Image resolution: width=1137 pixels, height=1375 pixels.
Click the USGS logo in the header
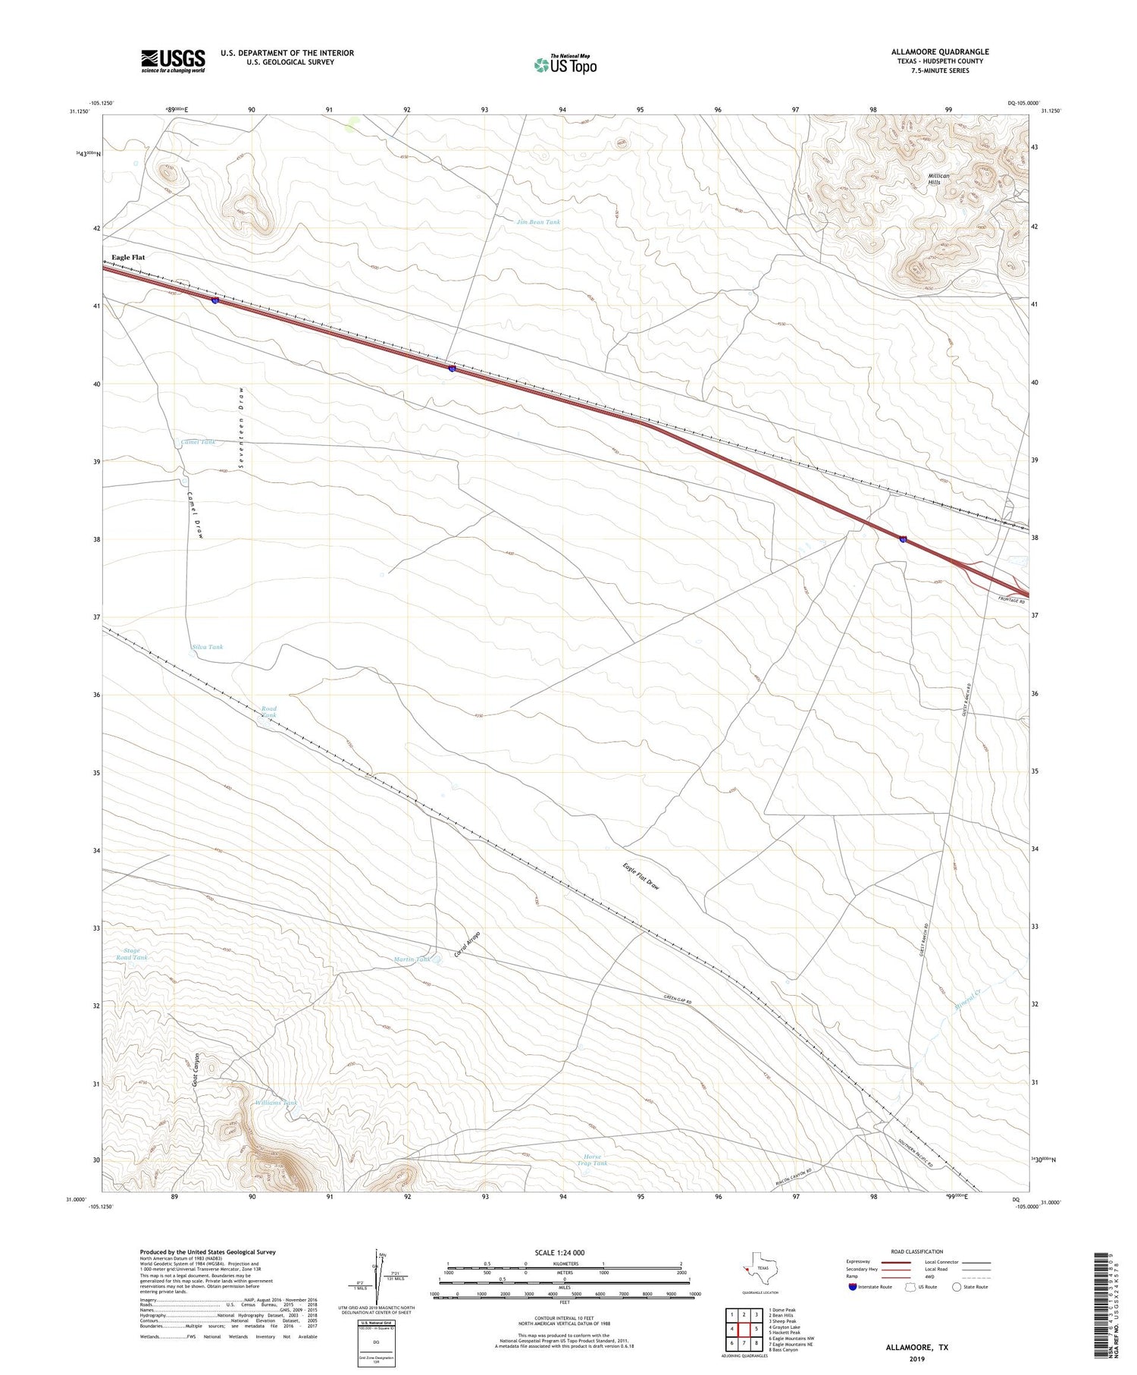pos(173,61)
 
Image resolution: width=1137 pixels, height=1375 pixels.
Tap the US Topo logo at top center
pos(565,65)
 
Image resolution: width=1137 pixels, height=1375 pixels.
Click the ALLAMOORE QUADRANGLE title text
pos(940,52)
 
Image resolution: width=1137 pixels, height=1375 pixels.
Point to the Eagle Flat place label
pos(128,257)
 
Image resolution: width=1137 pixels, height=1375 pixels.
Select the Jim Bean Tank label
pos(538,222)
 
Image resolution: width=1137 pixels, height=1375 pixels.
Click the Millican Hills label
pos(938,179)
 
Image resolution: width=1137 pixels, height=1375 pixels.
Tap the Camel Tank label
pos(198,442)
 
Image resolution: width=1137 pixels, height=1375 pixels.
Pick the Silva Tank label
pos(207,647)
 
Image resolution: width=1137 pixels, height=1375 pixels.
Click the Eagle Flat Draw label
pos(641,879)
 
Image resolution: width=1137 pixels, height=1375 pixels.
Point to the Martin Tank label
pos(412,959)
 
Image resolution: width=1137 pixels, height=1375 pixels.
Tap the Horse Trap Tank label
pos(592,1160)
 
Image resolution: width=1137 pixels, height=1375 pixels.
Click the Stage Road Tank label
pos(132,954)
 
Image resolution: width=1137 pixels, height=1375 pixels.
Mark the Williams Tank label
pos(277,1102)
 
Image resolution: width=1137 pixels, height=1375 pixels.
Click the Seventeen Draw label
pos(240,428)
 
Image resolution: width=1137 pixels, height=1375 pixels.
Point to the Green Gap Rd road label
pos(678,1000)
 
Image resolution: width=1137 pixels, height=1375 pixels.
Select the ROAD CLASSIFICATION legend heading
pos(917,1251)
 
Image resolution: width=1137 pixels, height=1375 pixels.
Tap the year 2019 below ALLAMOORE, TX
pos(916,1358)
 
